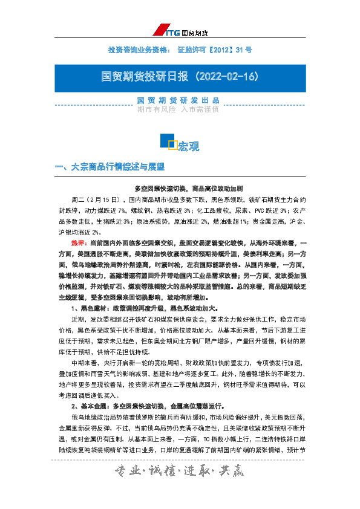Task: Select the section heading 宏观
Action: [x=188, y=146]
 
